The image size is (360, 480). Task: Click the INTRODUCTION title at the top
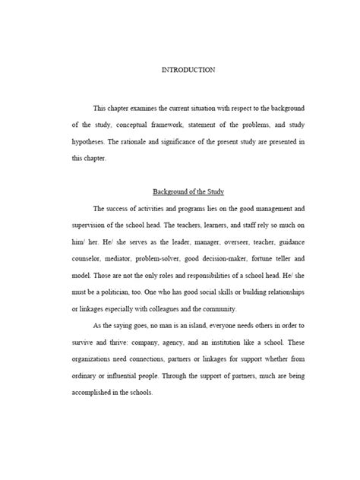pos(189,70)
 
